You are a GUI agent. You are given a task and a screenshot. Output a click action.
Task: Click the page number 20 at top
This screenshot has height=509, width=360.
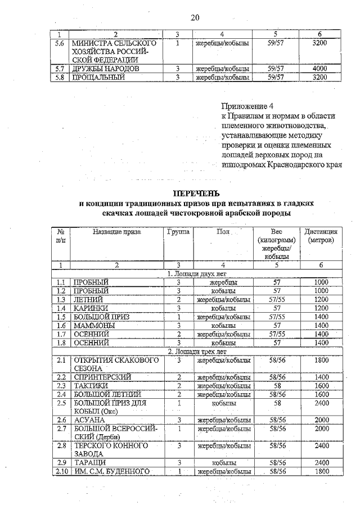click(x=195, y=17)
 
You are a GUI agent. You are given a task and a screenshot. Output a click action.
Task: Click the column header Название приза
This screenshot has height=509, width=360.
click(x=117, y=231)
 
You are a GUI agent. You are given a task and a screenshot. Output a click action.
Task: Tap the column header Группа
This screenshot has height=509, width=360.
click(x=178, y=231)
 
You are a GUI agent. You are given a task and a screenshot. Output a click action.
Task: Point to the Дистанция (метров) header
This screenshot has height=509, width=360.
click(x=321, y=236)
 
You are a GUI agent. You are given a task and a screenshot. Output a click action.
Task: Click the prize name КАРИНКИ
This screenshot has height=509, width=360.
click(x=91, y=308)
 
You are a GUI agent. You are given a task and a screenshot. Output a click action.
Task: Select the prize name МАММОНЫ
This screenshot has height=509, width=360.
click(x=93, y=325)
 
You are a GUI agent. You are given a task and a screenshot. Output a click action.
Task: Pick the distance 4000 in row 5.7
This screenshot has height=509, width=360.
click(x=319, y=69)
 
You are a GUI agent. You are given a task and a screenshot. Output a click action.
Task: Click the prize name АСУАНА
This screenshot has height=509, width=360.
click(x=88, y=420)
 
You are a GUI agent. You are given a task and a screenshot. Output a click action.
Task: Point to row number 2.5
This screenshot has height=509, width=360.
click(x=62, y=403)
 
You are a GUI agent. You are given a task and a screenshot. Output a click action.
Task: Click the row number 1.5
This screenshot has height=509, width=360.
click(x=62, y=317)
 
